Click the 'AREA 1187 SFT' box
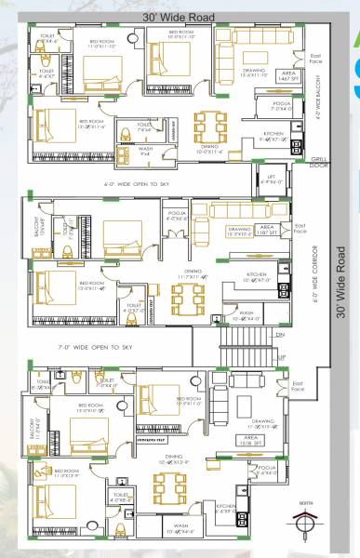click(266, 231)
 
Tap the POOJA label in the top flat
click(277, 105)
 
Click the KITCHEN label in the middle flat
click(257, 276)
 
